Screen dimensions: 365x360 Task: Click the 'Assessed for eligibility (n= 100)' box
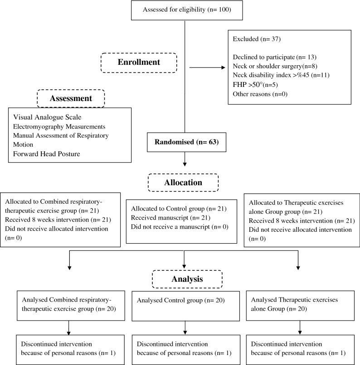point(185,10)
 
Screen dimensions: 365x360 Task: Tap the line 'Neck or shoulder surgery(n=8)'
point(271,66)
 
